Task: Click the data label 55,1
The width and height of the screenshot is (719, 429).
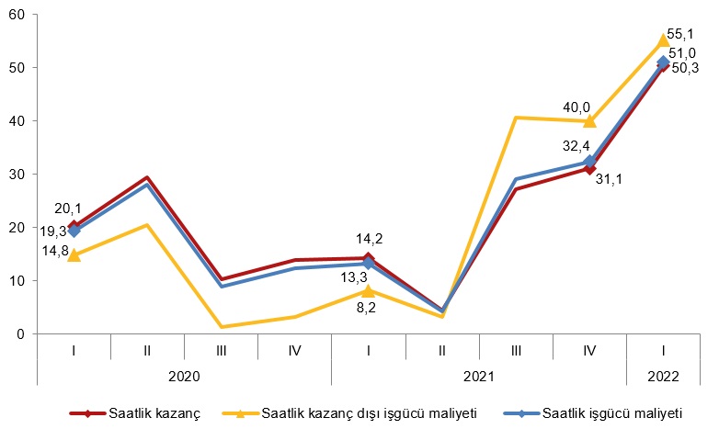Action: [x=682, y=34]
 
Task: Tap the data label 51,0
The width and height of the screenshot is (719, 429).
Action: [x=682, y=53]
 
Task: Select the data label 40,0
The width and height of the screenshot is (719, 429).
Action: [x=576, y=107]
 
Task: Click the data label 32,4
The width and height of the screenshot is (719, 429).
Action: [x=576, y=145]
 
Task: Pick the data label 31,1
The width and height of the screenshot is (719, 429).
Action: [x=609, y=179]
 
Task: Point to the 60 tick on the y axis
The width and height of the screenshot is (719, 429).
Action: [x=18, y=15]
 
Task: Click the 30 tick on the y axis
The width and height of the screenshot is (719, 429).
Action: [x=18, y=175]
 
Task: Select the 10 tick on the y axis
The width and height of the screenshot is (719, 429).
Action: [x=18, y=281]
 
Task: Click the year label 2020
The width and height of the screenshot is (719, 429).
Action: [x=184, y=376]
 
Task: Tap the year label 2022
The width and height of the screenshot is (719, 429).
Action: [x=663, y=376]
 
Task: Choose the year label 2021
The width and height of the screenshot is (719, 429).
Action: [x=478, y=376]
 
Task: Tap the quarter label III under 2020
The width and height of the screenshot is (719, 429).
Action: [x=221, y=350]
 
